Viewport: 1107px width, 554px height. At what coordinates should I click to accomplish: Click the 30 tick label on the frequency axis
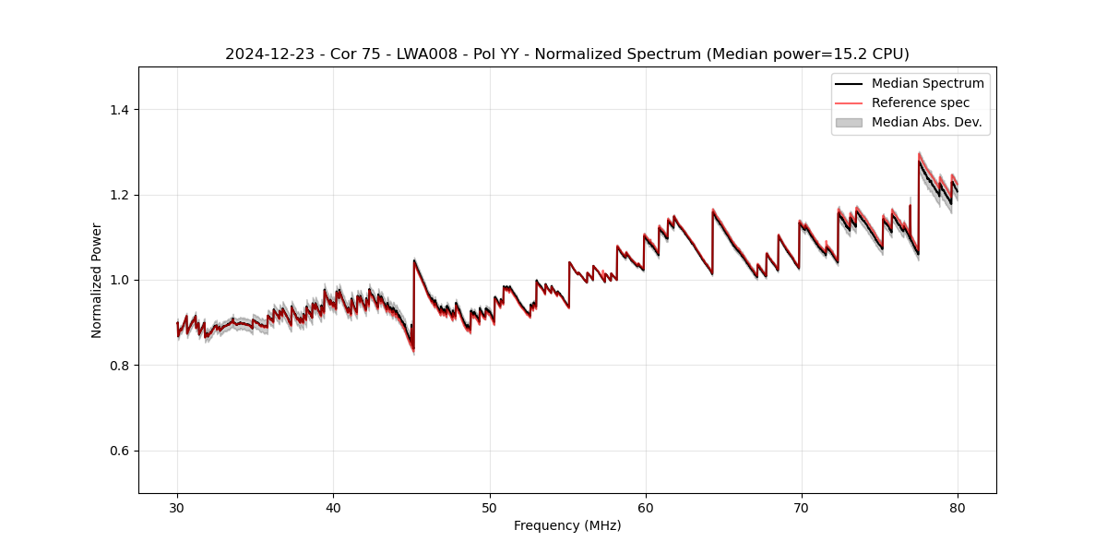pos(177,508)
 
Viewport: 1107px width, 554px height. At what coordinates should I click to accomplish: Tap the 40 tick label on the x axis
pos(333,508)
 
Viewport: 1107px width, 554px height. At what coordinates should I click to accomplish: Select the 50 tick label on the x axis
pos(490,508)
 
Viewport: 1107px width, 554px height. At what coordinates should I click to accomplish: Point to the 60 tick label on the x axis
pos(646,508)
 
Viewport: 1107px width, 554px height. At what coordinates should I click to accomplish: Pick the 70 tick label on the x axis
pos(802,508)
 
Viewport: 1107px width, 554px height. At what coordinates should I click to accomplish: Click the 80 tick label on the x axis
pos(958,508)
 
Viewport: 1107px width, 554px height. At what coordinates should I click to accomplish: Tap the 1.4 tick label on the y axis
pos(118,110)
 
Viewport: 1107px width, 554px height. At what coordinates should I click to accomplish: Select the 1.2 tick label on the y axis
pos(118,195)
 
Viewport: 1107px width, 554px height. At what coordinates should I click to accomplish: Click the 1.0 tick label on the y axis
pos(118,280)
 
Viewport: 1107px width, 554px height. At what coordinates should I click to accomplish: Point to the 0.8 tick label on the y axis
pos(118,366)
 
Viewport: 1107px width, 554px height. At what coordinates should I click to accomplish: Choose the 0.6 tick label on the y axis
pos(118,451)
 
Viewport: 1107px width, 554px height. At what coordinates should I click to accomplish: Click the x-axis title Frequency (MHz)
pos(567,526)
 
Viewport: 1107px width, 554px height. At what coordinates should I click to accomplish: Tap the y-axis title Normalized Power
pos(97,280)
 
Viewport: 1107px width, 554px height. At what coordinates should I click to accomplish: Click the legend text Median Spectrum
pos(927,83)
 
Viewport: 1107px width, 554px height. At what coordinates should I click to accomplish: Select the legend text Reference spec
pos(920,102)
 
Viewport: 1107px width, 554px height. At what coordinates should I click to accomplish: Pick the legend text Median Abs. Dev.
pos(926,122)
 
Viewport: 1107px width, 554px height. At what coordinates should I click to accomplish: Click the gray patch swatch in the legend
pos(849,122)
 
